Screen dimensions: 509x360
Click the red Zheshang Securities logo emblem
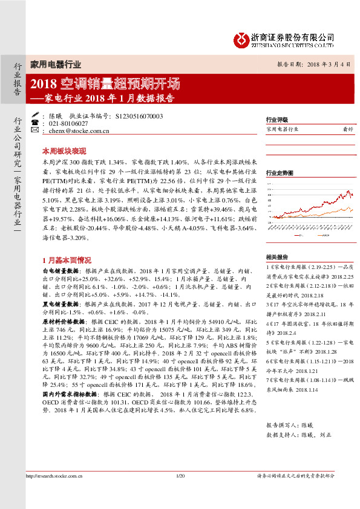[x=242, y=39]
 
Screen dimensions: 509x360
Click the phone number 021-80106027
[x=68, y=123]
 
